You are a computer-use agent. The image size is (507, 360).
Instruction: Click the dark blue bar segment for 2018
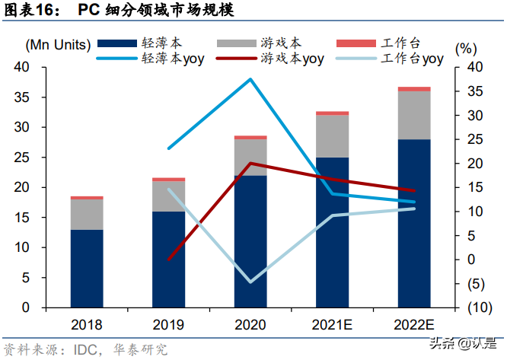86,269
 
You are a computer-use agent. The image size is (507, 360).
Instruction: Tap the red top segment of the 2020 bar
250,137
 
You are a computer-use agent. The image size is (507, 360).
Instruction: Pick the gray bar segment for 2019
168,196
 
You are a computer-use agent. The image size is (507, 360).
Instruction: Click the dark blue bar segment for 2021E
332,232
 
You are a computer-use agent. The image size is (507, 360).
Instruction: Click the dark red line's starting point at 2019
168,260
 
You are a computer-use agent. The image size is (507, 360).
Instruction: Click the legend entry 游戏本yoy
293,58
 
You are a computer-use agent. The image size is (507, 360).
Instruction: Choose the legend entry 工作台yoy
412,58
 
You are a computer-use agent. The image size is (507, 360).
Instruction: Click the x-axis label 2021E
332,325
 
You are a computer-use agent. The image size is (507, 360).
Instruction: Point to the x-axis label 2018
86,325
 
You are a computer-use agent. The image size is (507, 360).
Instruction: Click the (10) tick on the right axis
475,307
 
